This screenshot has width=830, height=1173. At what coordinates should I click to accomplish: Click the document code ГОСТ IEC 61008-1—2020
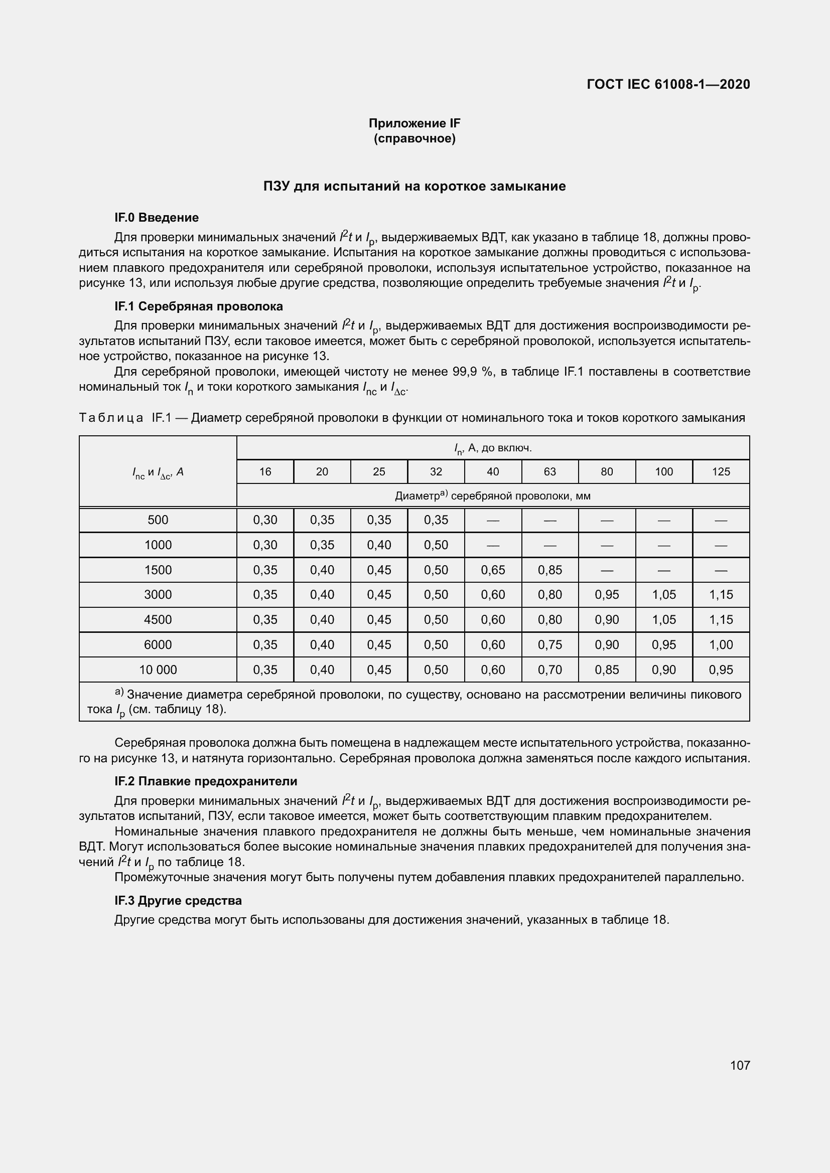click(x=668, y=84)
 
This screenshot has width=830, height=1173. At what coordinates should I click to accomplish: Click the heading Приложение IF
click(x=414, y=123)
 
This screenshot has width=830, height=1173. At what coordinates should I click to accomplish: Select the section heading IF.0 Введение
click(x=157, y=218)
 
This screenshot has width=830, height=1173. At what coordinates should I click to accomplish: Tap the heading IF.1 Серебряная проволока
click(x=198, y=306)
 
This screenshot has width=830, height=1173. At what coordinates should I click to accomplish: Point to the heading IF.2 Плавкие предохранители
click(x=205, y=781)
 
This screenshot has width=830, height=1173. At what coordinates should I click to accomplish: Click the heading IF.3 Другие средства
click(x=178, y=901)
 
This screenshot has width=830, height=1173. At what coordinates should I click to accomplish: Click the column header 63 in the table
click(x=549, y=471)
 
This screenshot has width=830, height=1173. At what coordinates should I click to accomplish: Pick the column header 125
click(x=721, y=471)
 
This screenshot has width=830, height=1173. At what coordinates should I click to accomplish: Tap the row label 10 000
click(x=158, y=670)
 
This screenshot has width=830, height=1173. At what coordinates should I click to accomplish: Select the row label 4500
click(x=158, y=620)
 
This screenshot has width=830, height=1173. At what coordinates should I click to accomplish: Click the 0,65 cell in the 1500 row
click(x=493, y=570)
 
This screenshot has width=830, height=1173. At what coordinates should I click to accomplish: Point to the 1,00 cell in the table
click(x=721, y=645)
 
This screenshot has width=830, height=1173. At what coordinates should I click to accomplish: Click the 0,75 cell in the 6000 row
click(x=549, y=645)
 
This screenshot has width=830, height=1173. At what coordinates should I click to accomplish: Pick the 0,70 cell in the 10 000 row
click(x=549, y=670)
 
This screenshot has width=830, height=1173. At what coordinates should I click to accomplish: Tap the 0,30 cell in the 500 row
click(x=265, y=520)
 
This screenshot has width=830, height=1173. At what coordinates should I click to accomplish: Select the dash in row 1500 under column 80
click(x=607, y=570)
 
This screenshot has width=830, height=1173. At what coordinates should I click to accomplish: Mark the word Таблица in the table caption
click(x=111, y=418)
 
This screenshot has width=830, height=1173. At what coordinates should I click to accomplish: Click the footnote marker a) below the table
click(x=119, y=692)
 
